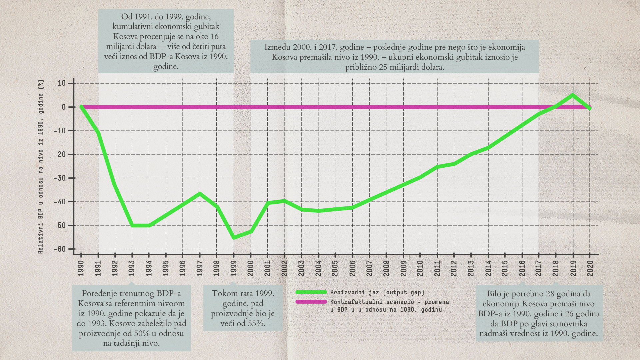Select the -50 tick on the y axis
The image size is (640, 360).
60,226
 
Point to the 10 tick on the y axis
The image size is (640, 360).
62,83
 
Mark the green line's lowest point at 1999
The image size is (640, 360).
234,237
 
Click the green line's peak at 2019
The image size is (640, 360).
573,95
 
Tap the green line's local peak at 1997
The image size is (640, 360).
200,194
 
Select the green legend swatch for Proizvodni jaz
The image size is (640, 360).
311,292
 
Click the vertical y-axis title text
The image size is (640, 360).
41,167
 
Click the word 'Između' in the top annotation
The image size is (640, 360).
277,47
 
